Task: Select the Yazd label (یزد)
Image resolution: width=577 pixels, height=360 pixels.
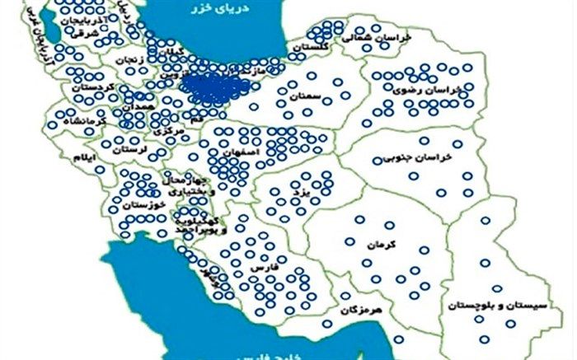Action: coord(300,192)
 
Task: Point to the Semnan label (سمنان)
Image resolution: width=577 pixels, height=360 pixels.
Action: coord(304,96)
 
